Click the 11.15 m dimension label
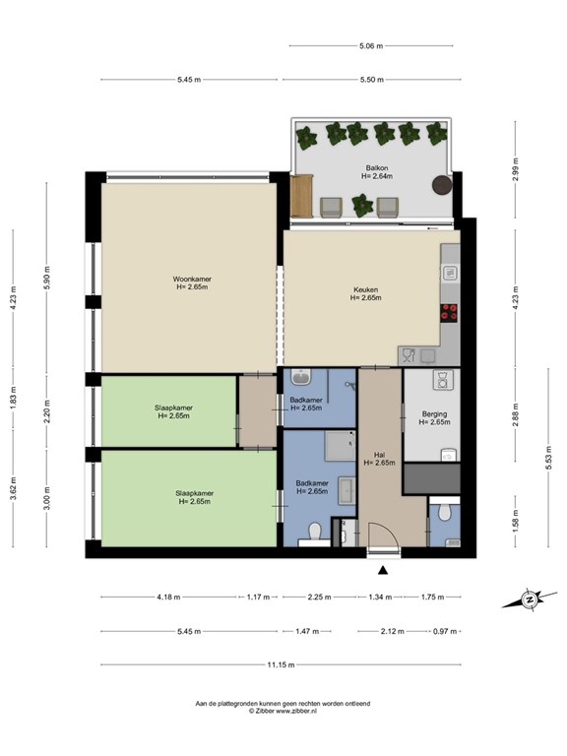281,664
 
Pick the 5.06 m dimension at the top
371,46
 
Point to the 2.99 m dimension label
516,169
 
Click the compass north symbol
530,599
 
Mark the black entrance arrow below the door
383,570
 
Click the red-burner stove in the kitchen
449,313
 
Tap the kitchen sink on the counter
450,274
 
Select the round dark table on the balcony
442,185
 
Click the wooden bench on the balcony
302,197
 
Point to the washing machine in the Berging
441,379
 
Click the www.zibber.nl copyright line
283,711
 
